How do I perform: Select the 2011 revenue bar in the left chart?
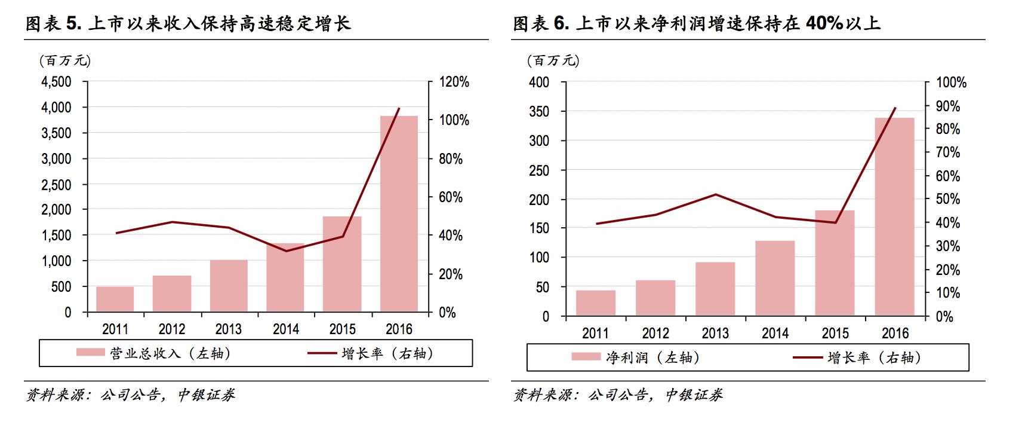pyautogui.click(x=115, y=299)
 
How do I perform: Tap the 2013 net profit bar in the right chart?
pyautogui.click(x=715, y=289)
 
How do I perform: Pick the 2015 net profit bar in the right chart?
pyautogui.click(x=835, y=263)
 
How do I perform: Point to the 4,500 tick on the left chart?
pyautogui.click(x=56, y=82)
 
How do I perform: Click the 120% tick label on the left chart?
pyautogui.click(x=454, y=82)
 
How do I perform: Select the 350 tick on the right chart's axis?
pyautogui.click(x=539, y=112)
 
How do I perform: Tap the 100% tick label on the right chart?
pyautogui.click(x=951, y=83)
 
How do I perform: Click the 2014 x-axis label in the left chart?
pyautogui.click(x=286, y=329)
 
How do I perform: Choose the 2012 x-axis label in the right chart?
pyautogui.click(x=655, y=334)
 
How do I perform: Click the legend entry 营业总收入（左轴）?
pyautogui.click(x=154, y=353)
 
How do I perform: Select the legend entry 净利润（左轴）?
pyautogui.click(x=636, y=357)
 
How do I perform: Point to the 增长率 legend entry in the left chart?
pyautogui.click(x=370, y=353)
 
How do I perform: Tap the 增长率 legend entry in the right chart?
pyautogui.click(x=857, y=357)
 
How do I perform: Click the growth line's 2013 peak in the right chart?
pyautogui.click(x=715, y=194)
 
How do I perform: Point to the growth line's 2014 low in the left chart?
pyautogui.click(x=286, y=251)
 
